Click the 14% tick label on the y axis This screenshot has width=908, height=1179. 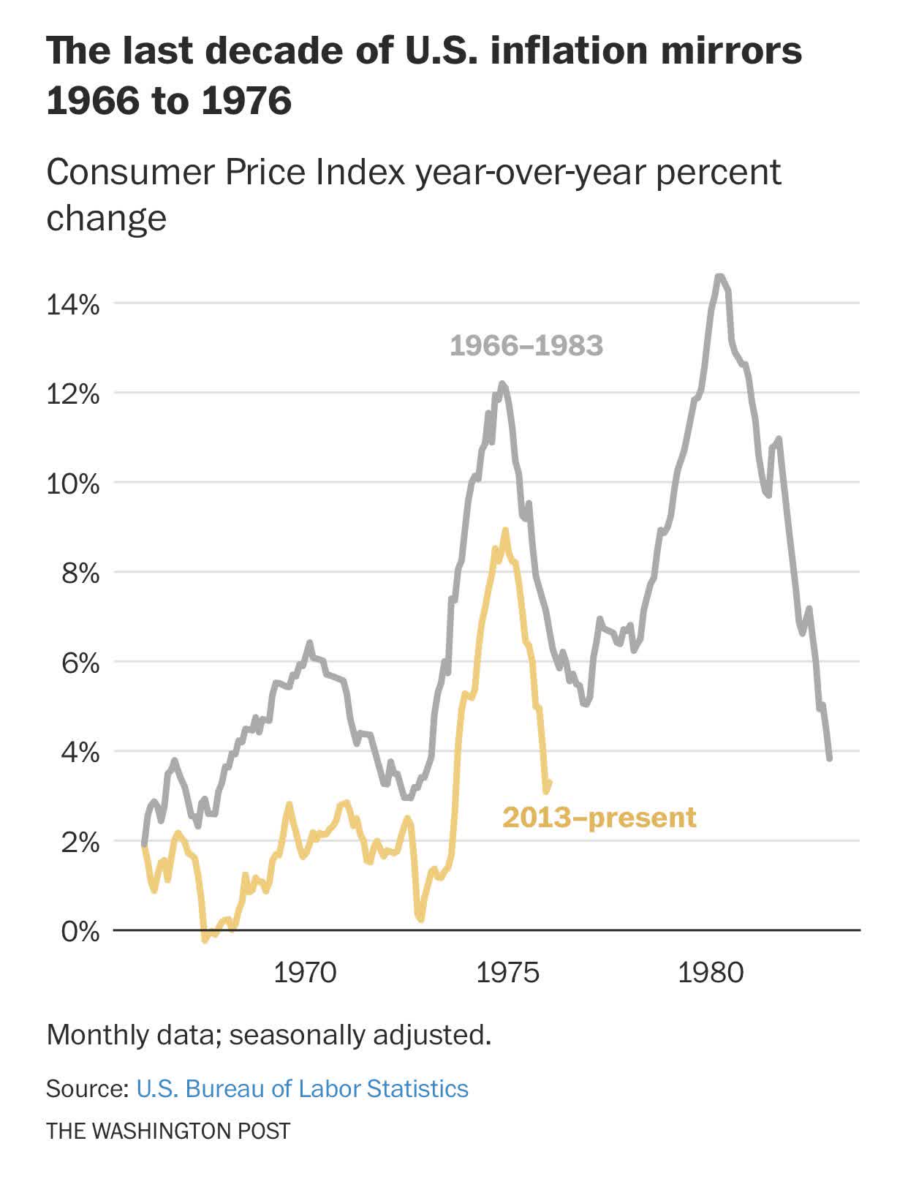72,304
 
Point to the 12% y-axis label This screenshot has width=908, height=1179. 72,395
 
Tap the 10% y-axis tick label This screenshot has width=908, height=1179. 72,484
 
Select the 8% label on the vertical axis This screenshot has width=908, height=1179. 80,573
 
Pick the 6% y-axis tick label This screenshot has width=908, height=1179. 80,663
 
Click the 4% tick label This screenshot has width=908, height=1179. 80,753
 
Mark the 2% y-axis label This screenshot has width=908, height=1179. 80,843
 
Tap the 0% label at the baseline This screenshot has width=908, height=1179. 80,932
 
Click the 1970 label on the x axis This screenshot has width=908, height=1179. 305,973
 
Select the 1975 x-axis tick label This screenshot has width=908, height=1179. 508,973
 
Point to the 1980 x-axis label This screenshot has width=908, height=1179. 711,973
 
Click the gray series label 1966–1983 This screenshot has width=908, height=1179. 526,345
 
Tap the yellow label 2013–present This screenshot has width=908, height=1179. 599,817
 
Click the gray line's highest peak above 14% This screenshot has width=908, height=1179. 719,276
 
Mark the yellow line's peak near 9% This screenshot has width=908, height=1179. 504,531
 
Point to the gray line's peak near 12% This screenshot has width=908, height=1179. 502,383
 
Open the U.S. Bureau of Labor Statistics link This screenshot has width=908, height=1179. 302,1088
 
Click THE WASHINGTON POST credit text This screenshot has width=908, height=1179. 168,1131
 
